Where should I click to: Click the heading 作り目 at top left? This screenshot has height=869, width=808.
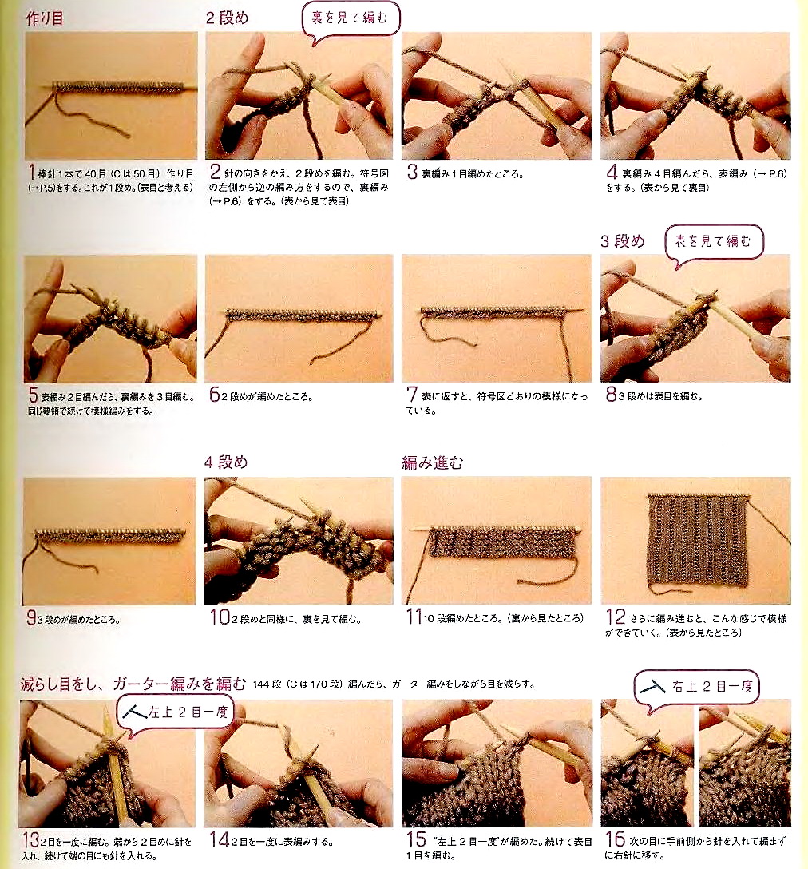pos(45,18)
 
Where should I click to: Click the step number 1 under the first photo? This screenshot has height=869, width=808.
pos(33,173)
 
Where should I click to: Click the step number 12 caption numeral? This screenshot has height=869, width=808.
pos(615,617)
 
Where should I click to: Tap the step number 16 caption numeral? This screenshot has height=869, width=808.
pos(615,839)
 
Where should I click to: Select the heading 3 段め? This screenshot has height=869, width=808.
pos(622,241)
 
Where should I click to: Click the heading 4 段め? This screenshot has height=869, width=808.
pos(225,462)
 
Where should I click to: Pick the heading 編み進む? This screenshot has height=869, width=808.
pos(432,462)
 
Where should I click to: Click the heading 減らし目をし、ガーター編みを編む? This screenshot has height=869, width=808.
pos(133,684)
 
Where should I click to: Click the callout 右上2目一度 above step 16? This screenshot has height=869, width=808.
pos(696,688)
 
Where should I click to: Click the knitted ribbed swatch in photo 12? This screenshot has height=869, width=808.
pos(698,542)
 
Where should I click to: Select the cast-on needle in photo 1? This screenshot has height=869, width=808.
pos(119,87)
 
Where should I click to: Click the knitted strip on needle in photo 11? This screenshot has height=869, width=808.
pos(501,542)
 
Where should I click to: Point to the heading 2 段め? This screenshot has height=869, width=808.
pos(227,18)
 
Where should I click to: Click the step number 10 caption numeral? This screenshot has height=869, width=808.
pos(220,617)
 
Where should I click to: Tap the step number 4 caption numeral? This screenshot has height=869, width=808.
pos(612,172)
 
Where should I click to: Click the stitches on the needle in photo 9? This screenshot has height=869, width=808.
pos(110,535)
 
